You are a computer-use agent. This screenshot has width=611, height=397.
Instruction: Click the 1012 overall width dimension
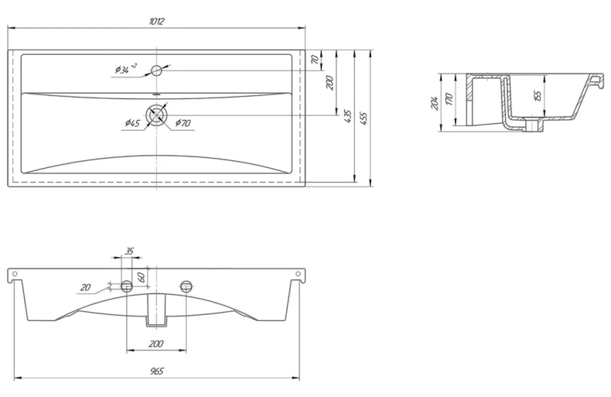[x=157, y=21]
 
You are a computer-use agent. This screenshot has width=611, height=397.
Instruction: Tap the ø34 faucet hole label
[x=125, y=69]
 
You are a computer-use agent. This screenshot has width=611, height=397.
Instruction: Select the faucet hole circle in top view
[x=156, y=70]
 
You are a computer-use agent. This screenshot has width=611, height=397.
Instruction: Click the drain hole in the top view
[x=157, y=115]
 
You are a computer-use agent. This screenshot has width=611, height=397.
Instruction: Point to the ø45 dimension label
[x=132, y=123]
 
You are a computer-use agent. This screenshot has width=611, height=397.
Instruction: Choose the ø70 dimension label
[x=183, y=123]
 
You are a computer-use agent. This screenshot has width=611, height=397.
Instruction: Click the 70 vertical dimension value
[x=315, y=60]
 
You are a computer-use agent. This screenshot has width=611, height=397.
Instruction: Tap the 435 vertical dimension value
[x=348, y=117]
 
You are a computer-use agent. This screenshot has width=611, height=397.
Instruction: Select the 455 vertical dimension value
[x=364, y=118]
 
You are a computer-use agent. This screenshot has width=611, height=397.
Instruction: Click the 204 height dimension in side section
[x=435, y=103]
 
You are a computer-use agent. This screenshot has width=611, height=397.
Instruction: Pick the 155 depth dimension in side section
[x=538, y=96]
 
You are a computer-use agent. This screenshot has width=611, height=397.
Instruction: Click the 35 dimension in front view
[x=128, y=251]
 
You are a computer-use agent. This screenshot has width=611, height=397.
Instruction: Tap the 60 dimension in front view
[x=142, y=277]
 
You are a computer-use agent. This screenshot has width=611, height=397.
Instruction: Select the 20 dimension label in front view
[x=85, y=288]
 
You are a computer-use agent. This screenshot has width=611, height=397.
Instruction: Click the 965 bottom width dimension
[x=157, y=371]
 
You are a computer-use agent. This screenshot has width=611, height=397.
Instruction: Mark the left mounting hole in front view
[x=126, y=286]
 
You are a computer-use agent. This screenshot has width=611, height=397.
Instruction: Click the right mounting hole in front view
[x=186, y=286]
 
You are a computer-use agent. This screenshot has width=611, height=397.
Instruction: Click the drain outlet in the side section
[x=531, y=125]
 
